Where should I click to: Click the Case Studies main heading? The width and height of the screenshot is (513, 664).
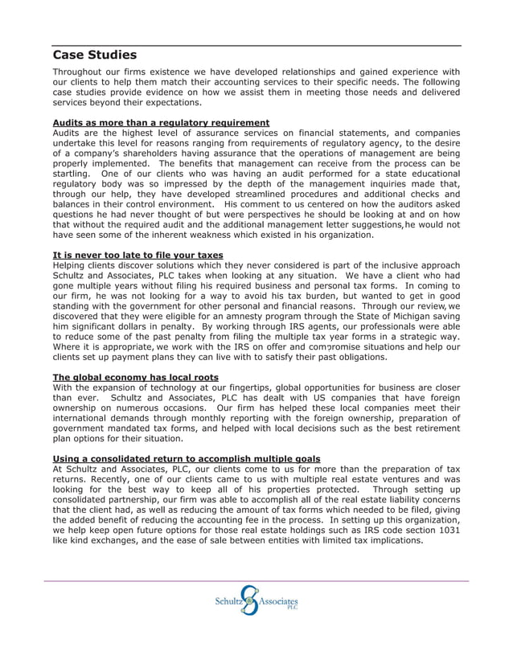pyautogui.click(x=95, y=55)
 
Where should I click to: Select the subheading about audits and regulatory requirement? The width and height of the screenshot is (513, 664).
pyautogui.click(x=161, y=123)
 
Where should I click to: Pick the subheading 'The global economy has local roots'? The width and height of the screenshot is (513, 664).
pyautogui.click(x=135, y=377)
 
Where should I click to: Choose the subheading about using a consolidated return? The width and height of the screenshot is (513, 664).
pyautogui.click(x=186, y=458)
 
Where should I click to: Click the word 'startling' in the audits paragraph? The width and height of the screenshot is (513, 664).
pyautogui.click(x=72, y=174)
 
